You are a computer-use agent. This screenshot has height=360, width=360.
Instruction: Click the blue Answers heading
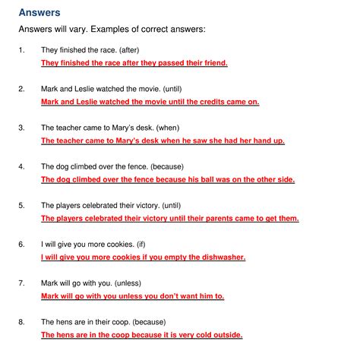[x=40, y=12]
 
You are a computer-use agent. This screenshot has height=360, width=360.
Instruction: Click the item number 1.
[x=21, y=50]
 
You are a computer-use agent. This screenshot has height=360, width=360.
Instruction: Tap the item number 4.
[x=21, y=166]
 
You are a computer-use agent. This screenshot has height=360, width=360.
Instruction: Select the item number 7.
[x=21, y=283]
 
